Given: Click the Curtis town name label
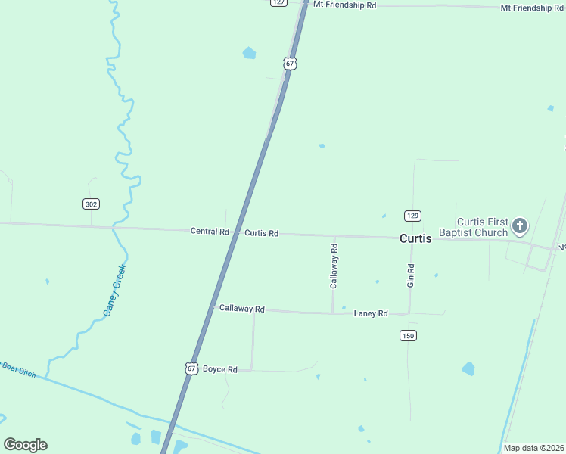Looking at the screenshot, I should [x=415, y=238].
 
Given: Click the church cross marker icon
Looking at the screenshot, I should [x=520, y=225].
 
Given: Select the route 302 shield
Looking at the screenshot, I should [x=91, y=204].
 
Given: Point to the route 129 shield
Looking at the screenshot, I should [x=412, y=216].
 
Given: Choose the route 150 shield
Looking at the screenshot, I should [x=409, y=335].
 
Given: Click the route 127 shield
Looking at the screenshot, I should [x=279, y=2].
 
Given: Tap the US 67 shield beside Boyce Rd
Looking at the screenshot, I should [x=191, y=368].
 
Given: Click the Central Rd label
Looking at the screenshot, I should [x=210, y=232].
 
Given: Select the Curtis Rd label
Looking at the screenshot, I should [x=261, y=233].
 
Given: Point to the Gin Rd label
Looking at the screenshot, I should [x=411, y=275].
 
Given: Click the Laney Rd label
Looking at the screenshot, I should [x=371, y=313].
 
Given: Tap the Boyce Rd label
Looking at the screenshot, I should [x=220, y=369].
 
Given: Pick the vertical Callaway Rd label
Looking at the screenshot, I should [x=334, y=266].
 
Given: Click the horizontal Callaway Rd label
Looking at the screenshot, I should [x=241, y=309].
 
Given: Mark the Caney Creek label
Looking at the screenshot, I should [x=114, y=290].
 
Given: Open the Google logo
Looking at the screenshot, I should [x=26, y=444].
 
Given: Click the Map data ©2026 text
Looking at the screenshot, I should [x=534, y=448].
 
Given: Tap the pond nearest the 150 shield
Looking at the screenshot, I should [x=468, y=368].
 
